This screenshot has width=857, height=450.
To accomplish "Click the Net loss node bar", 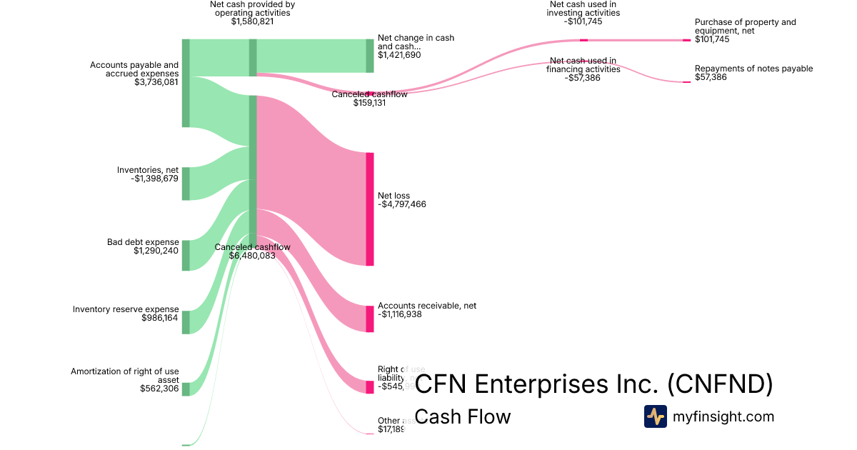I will (x=369, y=209).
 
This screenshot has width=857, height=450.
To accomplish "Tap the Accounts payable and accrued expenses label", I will (x=134, y=69).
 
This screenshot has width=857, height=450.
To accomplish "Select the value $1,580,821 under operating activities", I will (x=252, y=21).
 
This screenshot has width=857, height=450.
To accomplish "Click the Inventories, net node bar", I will (x=186, y=184).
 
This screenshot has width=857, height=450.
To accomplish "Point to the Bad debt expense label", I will (x=143, y=242).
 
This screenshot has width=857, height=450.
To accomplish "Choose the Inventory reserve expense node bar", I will (x=186, y=322).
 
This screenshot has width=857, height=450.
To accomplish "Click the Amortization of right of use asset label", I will (x=124, y=376).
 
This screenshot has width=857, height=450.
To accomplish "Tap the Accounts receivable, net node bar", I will (x=369, y=319).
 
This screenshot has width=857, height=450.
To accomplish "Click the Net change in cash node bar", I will (x=369, y=56).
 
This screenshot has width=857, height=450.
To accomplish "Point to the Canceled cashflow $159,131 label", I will (x=369, y=99).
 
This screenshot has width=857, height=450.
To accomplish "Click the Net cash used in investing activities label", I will (x=583, y=13).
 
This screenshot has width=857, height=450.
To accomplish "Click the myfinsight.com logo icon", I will (x=655, y=416).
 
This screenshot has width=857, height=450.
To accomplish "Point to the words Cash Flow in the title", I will (x=462, y=416).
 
